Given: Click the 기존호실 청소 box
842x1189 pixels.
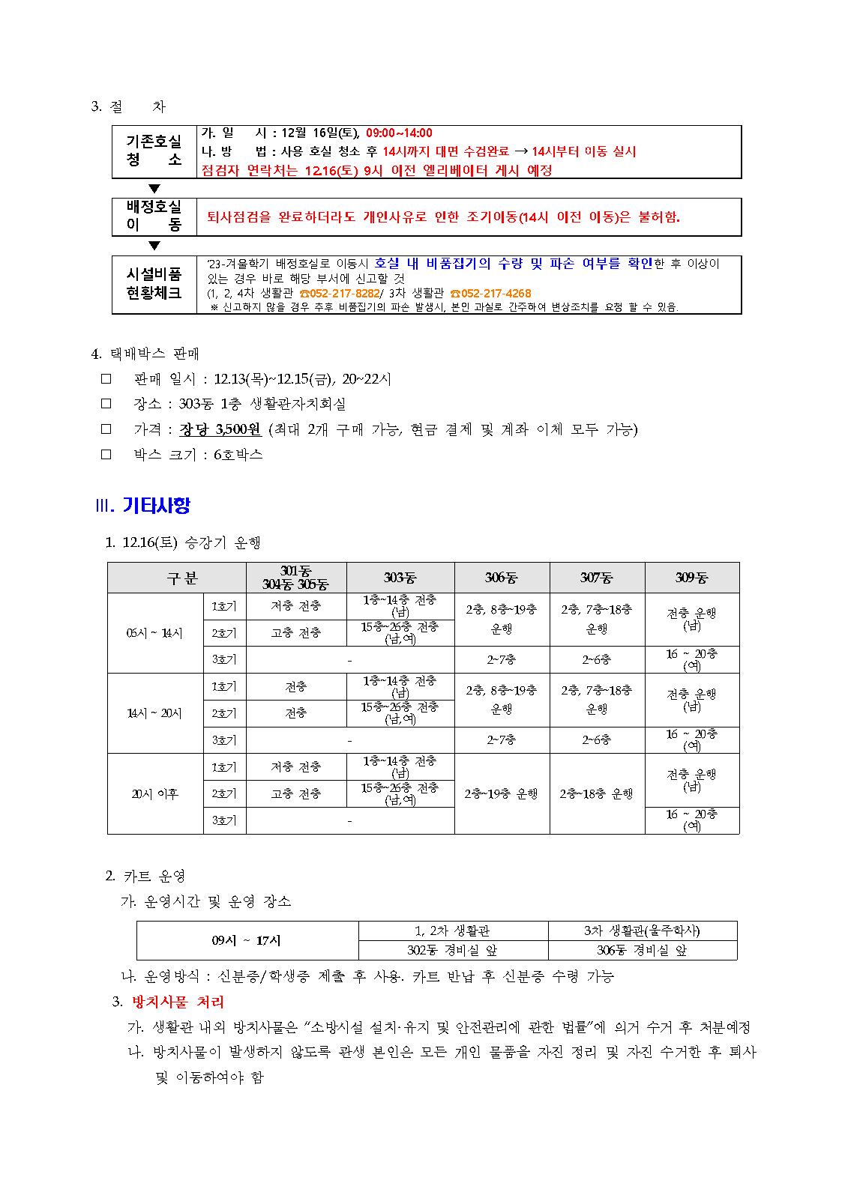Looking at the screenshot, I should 154,151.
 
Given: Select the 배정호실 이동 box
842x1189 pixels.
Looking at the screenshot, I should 154,217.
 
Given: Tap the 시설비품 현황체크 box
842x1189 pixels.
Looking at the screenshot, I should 154,284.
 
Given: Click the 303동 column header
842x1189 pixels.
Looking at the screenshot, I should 400,578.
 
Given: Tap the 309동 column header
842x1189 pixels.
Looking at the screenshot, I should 691,578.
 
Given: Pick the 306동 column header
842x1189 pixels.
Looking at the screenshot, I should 502,578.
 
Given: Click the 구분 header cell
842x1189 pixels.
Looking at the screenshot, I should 176,578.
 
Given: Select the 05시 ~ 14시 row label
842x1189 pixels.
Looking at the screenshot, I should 154,633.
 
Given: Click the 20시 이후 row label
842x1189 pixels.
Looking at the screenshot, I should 154,793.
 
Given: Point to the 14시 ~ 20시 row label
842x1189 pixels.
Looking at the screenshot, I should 154,713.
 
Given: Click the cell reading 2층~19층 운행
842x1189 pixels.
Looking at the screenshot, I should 502,793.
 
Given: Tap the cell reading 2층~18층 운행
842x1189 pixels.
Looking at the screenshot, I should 597,793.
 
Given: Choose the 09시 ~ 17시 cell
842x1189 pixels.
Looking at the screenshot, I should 247,940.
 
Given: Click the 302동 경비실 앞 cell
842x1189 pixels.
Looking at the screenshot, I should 453,950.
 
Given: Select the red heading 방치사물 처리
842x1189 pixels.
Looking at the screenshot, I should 178,1002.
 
